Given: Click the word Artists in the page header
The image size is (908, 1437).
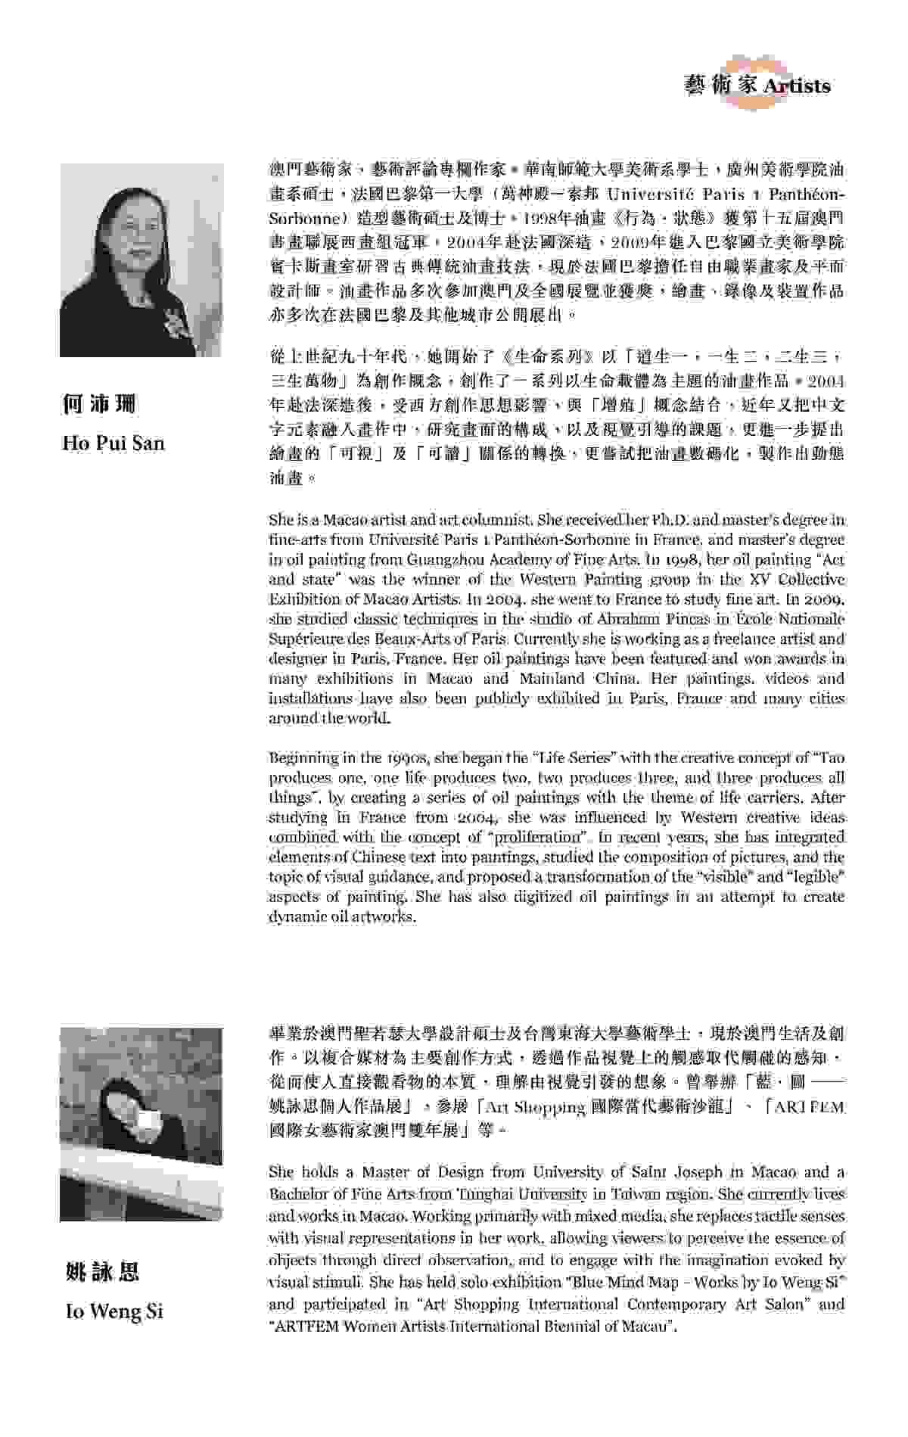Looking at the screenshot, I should tap(797, 86).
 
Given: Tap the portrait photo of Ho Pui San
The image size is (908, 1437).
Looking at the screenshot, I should tap(141, 260).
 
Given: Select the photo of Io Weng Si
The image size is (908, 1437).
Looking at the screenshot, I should tap(141, 1124).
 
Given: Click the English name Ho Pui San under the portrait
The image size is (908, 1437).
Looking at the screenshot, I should tap(113, 443).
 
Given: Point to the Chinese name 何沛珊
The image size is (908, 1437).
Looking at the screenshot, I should tap(99, 404).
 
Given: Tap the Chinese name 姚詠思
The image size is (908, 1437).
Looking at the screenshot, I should tap(102, 1272).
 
